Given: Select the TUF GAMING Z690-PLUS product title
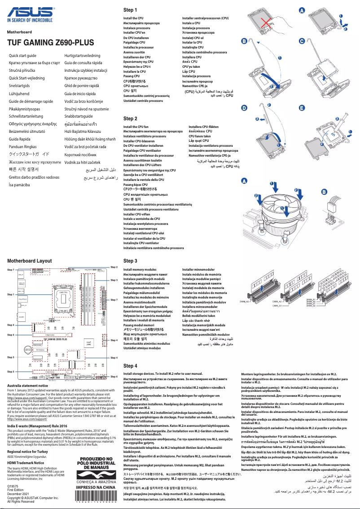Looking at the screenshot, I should click(50, 43).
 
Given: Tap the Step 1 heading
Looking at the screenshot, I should click(130, 10).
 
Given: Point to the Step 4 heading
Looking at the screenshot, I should click(130, 366).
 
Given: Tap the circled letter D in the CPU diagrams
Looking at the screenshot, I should click(244, 108).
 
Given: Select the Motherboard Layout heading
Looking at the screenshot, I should click(29, 261).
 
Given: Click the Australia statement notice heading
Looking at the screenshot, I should click(27, 386).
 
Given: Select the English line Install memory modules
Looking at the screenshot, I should click(140, 270).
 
